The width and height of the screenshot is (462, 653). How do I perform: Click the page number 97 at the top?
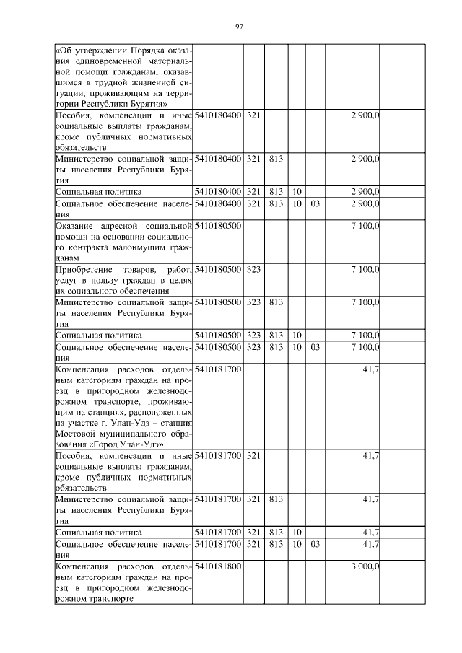click(x=239, y=27)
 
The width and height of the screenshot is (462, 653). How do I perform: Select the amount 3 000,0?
click(x=365, y=567)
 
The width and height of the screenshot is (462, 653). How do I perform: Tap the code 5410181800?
click(x=217, y=567)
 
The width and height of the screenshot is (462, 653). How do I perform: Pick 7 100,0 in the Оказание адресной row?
click(x=365, y=226)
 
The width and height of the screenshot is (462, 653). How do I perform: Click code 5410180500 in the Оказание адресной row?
click(x=217, y=226)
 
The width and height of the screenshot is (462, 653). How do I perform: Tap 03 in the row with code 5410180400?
click(x=315, y=203)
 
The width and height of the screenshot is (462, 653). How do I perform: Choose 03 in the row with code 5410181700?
click(x=315, y=543)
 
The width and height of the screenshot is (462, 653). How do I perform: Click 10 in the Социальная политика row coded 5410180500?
click(x=297, y=336)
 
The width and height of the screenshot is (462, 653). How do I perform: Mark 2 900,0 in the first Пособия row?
click(x=365, y=115)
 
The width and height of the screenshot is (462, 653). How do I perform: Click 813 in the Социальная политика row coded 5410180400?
click(x=274, y=192)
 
